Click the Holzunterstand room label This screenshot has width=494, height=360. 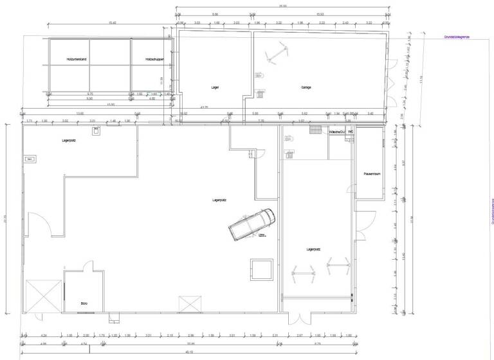[x=77, y=59]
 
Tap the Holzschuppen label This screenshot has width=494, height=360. [x=155, y=59]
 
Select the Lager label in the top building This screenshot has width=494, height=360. [x=215, y=87]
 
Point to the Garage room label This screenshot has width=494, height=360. [x=306, y=87]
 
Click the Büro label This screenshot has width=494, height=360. [x=84, y=303]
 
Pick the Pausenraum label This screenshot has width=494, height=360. [x=373, y=174]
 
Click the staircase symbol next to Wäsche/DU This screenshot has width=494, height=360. [x=315, y=130]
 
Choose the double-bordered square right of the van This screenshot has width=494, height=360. [x=262, y=269]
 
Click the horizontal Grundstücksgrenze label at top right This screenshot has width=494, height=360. [x=457, y=37]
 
